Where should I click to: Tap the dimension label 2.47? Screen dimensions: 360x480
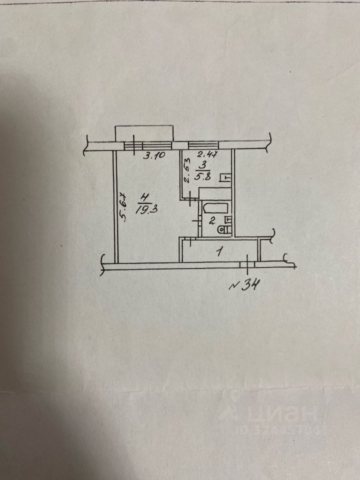tap(207, 153)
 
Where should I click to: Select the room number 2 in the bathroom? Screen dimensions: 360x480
tap(211, 220)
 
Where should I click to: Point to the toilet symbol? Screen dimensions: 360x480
tap(225, 229)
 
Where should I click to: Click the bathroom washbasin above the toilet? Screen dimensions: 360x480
tap(228, 219)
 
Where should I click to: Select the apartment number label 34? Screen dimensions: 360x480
tap(245, 285)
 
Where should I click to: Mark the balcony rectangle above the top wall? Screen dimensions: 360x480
tap(144, 133)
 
